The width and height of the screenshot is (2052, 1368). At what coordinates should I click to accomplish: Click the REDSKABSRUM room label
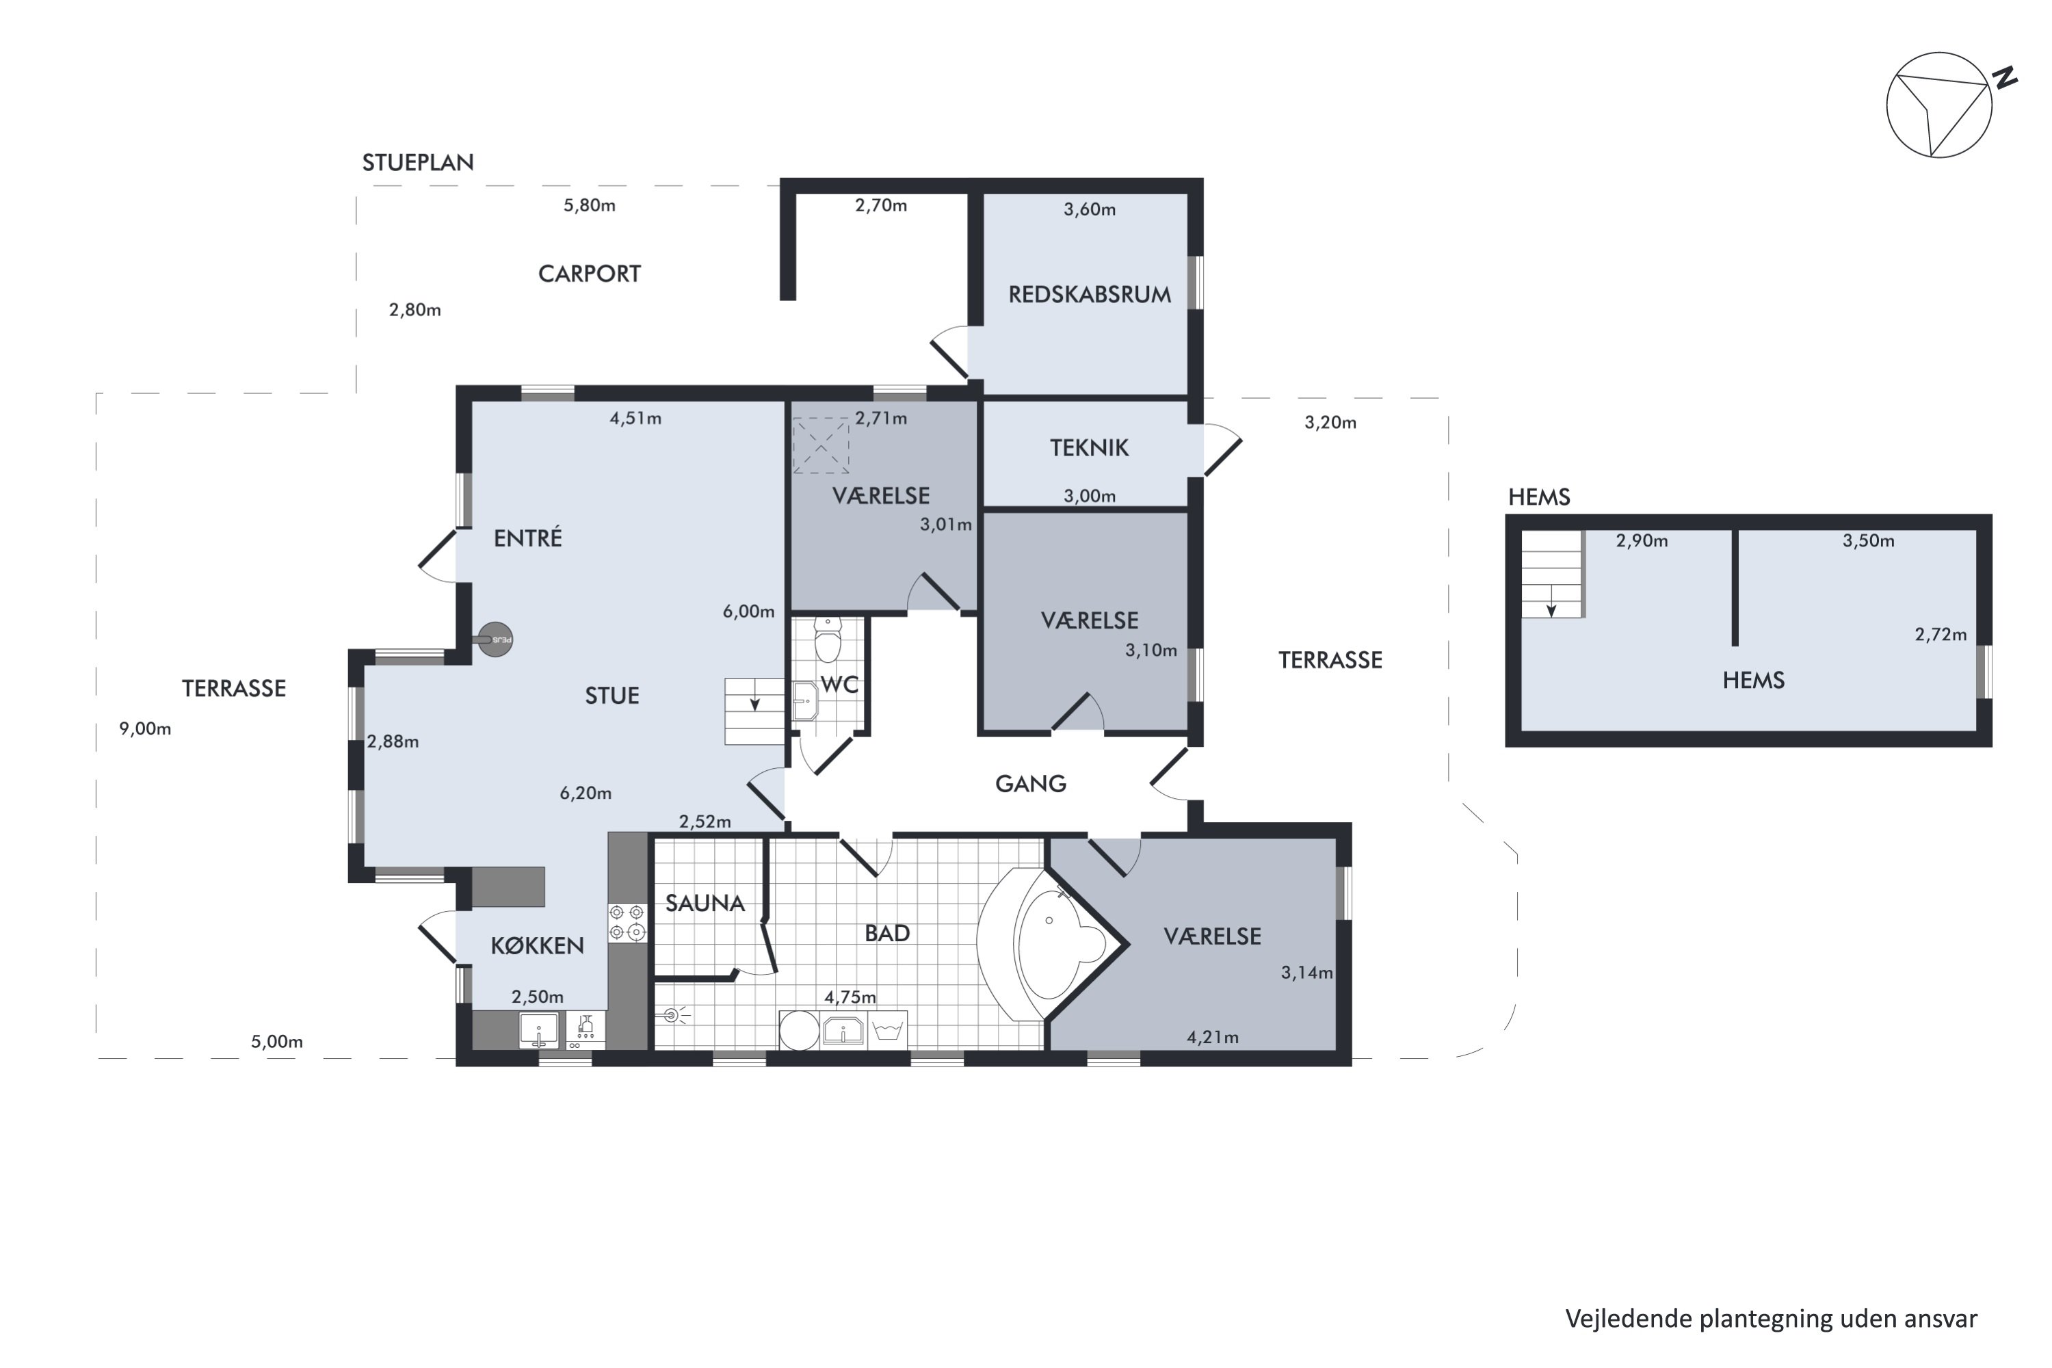click(x=1090, y=294)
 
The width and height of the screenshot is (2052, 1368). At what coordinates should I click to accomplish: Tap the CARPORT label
click(x=590, y=274)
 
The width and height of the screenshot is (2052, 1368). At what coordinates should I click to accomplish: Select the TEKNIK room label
click(x=1089, y=447)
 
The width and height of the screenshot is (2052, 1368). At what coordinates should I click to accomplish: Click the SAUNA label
click(x=705, y=903)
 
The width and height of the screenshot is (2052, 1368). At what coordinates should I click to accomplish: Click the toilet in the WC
click(x=827, y=640)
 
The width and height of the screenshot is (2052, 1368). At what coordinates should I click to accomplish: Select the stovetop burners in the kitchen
click(x=627, y=922)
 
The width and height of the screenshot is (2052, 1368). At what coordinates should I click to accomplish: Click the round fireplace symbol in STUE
click(x=495, y=640)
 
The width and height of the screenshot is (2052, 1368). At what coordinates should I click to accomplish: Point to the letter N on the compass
click(x=2005, y=78)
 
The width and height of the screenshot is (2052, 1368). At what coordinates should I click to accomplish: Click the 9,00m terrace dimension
click(x=145, y=728)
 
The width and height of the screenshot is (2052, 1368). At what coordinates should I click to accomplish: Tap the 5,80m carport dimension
click(x=589, y=205)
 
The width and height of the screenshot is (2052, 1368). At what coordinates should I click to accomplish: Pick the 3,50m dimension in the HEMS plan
click(x=1868, y=540)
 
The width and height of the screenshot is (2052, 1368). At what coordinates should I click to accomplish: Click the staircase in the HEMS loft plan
click(x=1552, y=574)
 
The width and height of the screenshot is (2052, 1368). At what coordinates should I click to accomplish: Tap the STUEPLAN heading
click(x=418, y=162)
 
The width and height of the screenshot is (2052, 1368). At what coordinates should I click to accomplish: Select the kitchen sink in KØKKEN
click(x=538, y=1030)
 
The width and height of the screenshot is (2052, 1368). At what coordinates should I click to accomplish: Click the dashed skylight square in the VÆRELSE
click(x=820, y=446)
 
